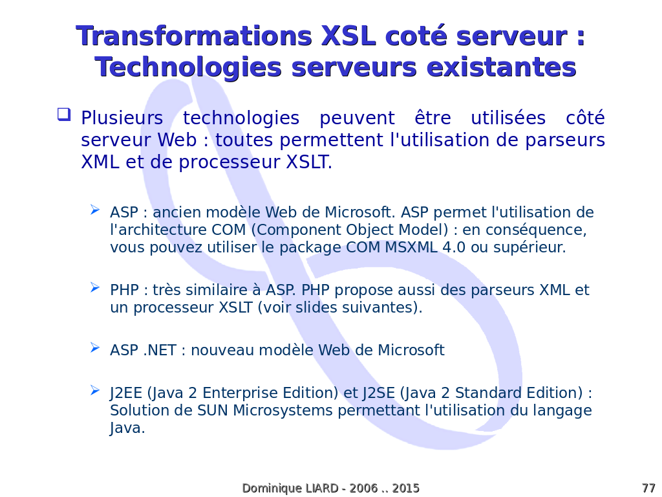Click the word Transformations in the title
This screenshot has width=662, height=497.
(x=194, y=36)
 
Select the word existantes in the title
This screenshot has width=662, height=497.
(x=501, y=67)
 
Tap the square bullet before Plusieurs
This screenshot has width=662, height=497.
(x=64, y=115)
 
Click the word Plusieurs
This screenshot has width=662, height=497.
(x=122, y=118)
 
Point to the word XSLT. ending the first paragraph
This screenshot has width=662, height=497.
(x=309, y=162)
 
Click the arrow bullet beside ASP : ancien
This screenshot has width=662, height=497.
(x=95, y=210)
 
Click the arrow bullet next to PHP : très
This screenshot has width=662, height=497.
(x=95, y=288)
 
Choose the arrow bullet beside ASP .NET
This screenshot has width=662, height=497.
(x=95, y=348)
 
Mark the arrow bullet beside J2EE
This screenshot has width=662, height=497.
(x=95, y=390)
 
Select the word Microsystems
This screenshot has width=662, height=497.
(x=283, y=411)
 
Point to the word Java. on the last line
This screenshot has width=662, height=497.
(x=127, y=428)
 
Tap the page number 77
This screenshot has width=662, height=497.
(x=648, y=488)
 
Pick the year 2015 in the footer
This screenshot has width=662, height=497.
(x=405, y=488)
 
